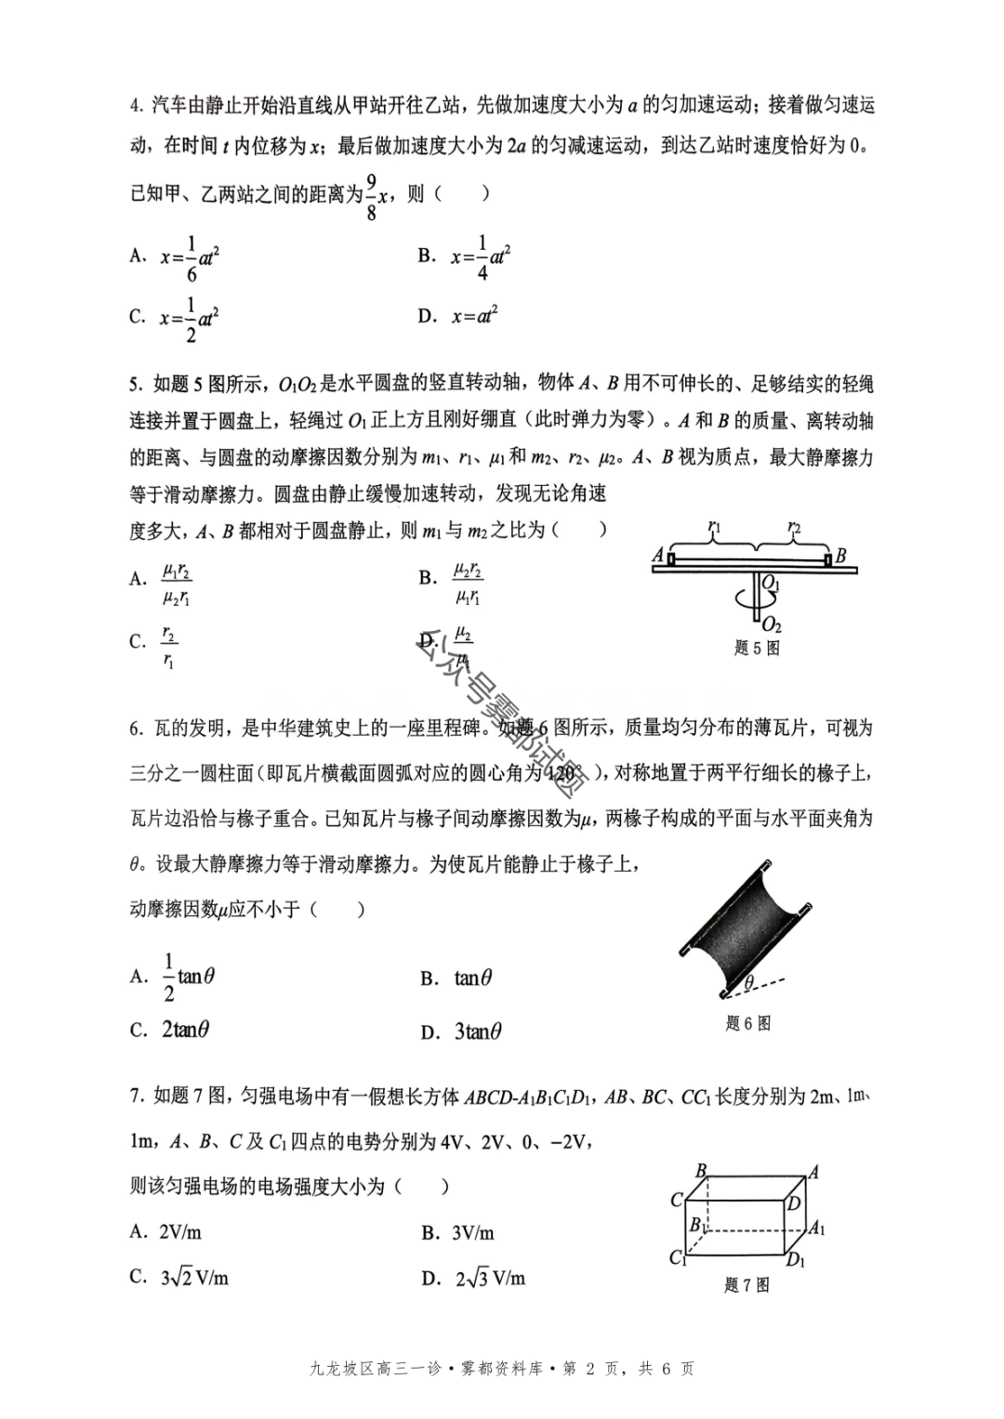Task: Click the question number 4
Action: tap(135, 105)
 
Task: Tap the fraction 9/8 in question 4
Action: tap(371, 196)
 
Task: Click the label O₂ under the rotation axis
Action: tap(772, 625)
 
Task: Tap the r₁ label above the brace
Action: tap(713, 527)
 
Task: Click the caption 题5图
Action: tap(757, 649)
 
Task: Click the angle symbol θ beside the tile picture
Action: tap(748, 982)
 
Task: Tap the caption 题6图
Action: tap(748, 1023)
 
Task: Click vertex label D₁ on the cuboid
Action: tap(796, 1260)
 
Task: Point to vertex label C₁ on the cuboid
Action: tap(677, 1258)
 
